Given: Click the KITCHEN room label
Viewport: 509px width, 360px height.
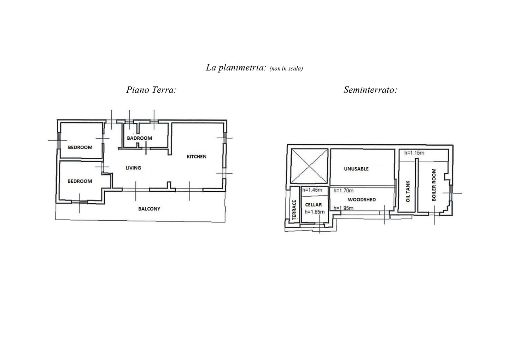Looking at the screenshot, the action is pos(197,157).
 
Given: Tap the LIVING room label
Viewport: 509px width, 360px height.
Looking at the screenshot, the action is pos(133,168).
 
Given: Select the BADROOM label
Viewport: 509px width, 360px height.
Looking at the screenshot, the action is pos(140,138).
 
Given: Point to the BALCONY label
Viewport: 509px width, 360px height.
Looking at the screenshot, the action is pos(149,209).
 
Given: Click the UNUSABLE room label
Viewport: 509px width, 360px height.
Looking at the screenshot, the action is pos(356,169).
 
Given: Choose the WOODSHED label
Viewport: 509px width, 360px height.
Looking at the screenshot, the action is pos(362,200).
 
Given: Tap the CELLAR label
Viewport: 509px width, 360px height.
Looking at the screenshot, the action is pos(314,205).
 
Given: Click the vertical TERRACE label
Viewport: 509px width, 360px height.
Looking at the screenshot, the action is pos(294,210).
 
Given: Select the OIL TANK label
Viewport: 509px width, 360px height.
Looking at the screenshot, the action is pos(408,191).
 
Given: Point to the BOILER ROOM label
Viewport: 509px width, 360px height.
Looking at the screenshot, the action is pos(434,185).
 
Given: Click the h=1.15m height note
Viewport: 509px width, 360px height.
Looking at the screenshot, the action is pos(414,153).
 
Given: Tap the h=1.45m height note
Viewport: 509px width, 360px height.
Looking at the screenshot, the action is pos(312,190).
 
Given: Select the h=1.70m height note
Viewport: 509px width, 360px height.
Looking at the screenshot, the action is pos(343,191).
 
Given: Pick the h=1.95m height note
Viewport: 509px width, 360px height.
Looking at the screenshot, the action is pos(343,208).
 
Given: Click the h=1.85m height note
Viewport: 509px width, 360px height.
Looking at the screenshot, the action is pos(315,212).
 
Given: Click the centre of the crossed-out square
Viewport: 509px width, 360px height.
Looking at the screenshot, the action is pos(310,166).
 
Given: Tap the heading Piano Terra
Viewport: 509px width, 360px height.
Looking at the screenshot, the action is pos(151,90).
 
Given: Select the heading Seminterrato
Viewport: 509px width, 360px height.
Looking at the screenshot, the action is pos(370,90).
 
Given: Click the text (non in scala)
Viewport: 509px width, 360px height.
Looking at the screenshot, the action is pos(286,69).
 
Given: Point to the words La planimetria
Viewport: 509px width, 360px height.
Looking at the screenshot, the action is pos(236,68).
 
